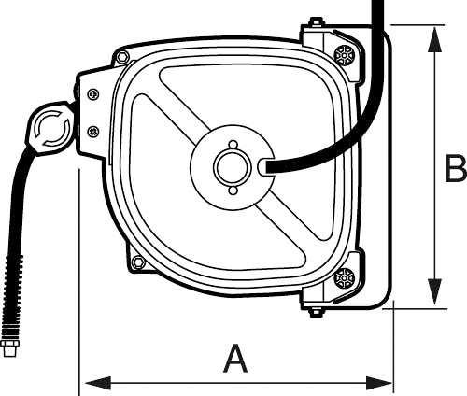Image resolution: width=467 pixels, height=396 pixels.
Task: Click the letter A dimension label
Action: tap(237, 359)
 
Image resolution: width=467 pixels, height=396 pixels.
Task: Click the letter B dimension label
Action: tap(455, 169)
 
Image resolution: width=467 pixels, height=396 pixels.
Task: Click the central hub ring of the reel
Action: tap(228, 167)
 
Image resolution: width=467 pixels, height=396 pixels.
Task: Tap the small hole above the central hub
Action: tap(233, 144)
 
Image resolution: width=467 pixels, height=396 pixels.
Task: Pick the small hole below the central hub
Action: tap(233, 191)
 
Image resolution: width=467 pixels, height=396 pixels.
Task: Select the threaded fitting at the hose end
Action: tap(11, 348)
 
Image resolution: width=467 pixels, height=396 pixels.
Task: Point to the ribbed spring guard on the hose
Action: tap(12, 299)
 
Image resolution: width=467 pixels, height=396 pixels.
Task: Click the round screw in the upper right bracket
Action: tap(345, 55)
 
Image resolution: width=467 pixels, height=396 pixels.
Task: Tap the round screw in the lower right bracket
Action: tap(345, 277)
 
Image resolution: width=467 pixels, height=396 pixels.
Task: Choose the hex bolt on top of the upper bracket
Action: tap(317, 22)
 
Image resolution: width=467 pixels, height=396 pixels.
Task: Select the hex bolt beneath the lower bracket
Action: tap(317, 311)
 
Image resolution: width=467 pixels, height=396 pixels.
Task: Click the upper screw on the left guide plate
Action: tap(92, 93)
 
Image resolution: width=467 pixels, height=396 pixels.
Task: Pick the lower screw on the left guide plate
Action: tap(92, 132)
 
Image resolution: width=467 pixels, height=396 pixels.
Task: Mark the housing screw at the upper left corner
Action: tap(122, 58)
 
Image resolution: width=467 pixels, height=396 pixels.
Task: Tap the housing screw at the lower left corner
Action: tap(138, 262)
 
